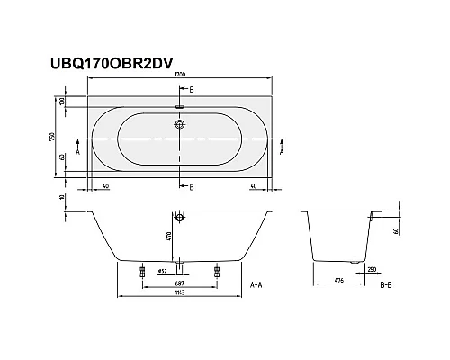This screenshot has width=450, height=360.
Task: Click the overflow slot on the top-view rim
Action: click(181, 105)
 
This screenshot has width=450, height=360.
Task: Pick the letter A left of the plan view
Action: click(78, 153)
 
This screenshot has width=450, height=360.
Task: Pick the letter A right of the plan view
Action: click(283, 153)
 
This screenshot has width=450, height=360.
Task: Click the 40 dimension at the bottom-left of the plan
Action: click(106, 185)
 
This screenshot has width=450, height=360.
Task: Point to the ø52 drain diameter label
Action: click(163, 271)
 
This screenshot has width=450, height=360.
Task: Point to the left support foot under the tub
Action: click(143, 270)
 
